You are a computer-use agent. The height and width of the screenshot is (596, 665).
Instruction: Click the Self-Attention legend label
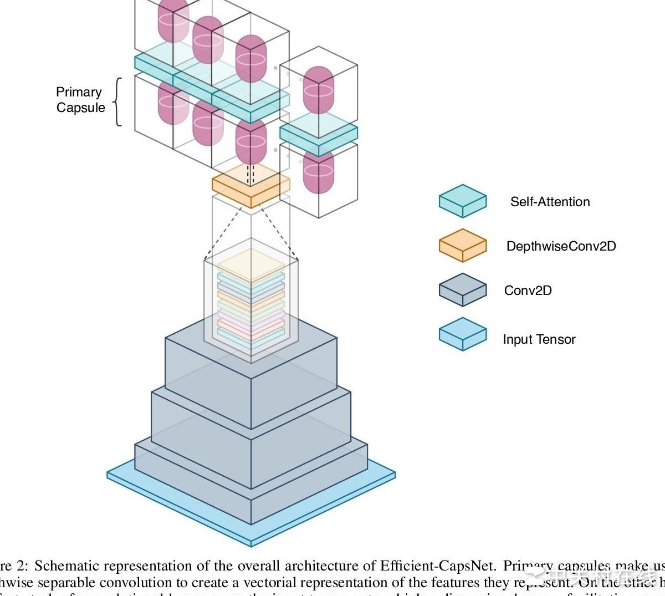point(550,202)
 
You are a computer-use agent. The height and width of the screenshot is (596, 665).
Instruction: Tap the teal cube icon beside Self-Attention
point(463,201)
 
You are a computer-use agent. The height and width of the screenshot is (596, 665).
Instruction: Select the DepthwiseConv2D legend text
point(561,246)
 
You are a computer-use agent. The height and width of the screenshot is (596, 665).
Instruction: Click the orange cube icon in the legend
point(463,245)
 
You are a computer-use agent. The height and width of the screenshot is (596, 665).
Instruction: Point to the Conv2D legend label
point(528,291)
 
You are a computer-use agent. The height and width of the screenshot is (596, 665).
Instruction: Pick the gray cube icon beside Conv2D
point(463,289)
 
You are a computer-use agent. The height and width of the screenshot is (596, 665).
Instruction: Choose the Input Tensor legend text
point(539,339)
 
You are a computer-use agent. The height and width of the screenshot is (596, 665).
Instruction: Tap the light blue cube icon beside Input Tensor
point(463,334)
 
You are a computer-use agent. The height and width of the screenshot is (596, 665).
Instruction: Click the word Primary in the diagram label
point(79,92)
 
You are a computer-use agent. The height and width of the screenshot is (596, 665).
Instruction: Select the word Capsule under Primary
point(80,108)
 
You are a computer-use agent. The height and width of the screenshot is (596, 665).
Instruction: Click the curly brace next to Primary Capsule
point(117,102)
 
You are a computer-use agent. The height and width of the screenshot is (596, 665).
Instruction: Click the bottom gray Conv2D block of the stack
point(251,488)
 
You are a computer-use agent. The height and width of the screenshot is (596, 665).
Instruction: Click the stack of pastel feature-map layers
point(251,299)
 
